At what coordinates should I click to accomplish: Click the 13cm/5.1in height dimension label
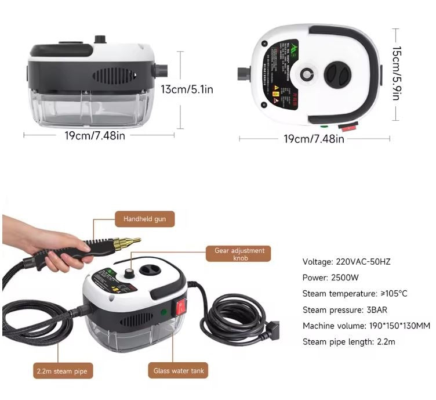pos(187,90)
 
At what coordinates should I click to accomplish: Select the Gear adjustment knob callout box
pos(239,254)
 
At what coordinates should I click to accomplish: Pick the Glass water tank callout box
pos(179,370)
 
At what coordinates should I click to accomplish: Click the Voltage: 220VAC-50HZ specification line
pos(346,262)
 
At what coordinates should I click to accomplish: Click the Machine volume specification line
pos(359,326)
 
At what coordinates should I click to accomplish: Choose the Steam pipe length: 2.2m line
pos(348,342)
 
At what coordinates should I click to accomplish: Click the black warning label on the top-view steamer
pos(279,70)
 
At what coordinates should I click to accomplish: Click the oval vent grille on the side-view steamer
pos(115,76)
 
